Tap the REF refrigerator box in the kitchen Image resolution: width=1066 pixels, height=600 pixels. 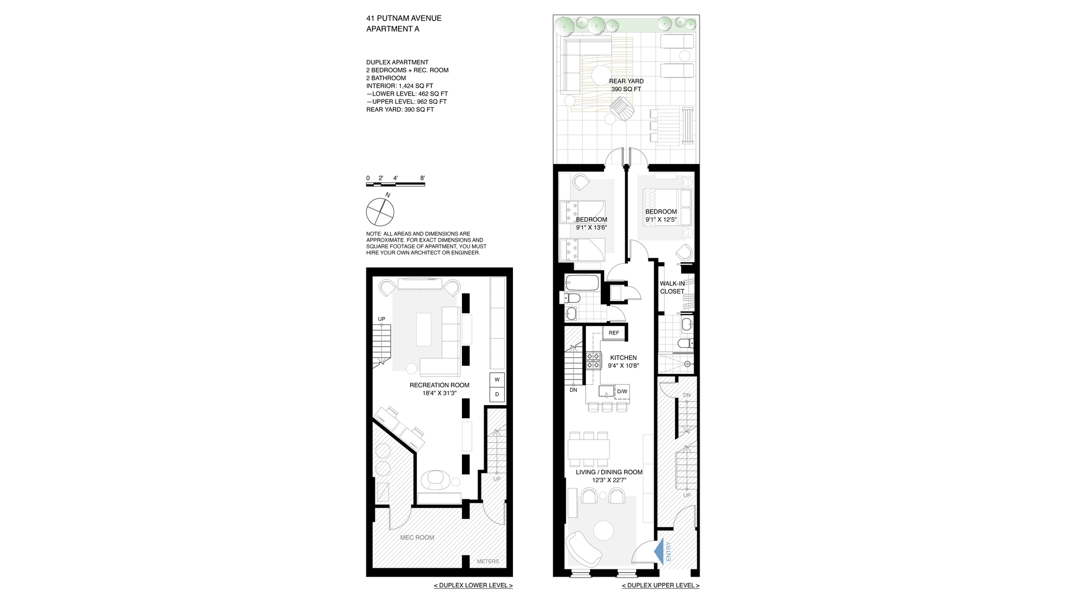coord(614,333)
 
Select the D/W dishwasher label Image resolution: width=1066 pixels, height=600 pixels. coord(622,392)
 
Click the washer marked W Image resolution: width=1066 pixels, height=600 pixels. coord(497,380)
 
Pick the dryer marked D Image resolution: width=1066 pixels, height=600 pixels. coord(497,394)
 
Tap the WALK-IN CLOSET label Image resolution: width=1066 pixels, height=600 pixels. coord(672,287)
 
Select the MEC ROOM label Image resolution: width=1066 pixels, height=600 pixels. coord(417,538)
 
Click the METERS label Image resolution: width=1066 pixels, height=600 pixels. coord(487,562)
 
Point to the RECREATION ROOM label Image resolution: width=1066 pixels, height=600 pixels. coord(439,385)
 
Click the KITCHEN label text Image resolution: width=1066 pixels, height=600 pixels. coord(623,358)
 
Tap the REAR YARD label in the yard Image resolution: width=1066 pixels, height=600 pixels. coord(626,81)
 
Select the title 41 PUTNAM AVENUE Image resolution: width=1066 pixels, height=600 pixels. coord(404,18)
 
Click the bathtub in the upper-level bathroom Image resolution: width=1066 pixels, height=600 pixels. coord(582,283)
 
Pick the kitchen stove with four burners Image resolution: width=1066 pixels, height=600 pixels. coord(594,361)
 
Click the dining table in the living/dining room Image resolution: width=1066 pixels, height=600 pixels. coord(589,449)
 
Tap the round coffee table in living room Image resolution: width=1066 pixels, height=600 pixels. coord(602,531)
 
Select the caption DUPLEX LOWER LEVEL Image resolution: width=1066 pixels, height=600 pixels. coord(473,586)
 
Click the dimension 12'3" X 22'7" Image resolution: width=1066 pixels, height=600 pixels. coord(609,481)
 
